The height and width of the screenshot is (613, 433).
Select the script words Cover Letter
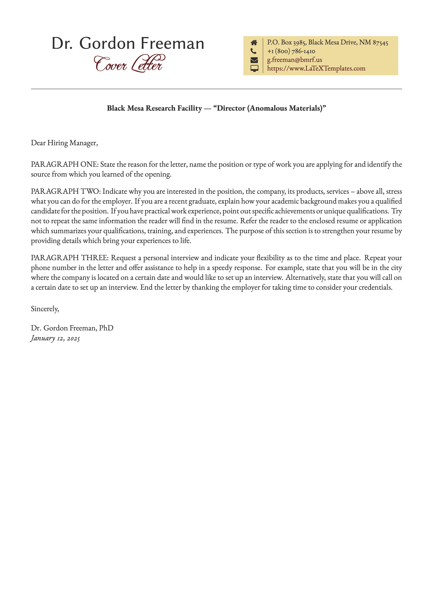pyautogui.click(x=129, y=64)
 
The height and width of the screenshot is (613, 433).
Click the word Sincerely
pyautogui.click(x=45, y=309)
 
